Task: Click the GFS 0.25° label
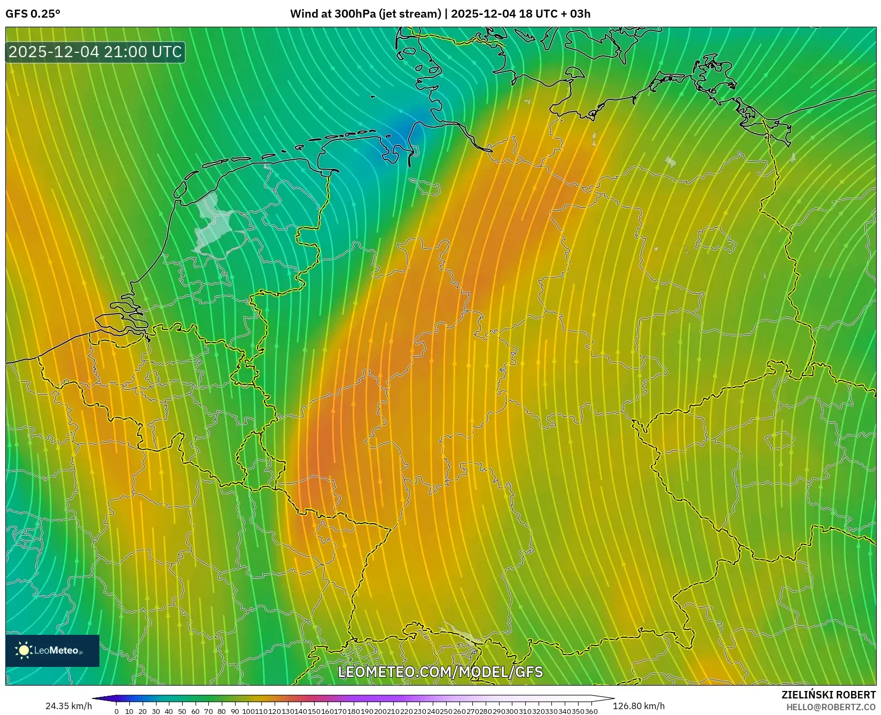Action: pos(33,14)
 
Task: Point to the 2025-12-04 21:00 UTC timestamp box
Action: pos(95,52)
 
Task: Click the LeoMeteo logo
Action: pos(52,650)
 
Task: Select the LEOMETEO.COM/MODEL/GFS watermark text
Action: pos(440,672)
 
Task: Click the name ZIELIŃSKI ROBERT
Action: pos(829,695)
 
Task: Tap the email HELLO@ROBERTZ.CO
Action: pos(831,707)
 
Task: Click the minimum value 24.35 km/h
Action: pos(68,706)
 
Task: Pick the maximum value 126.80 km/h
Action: pos(638,706)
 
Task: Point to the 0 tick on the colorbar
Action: pos(116,711)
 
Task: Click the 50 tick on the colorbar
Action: pos(182,711)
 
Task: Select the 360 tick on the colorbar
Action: pos(591,711)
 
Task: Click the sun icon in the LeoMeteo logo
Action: pos(24,650)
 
